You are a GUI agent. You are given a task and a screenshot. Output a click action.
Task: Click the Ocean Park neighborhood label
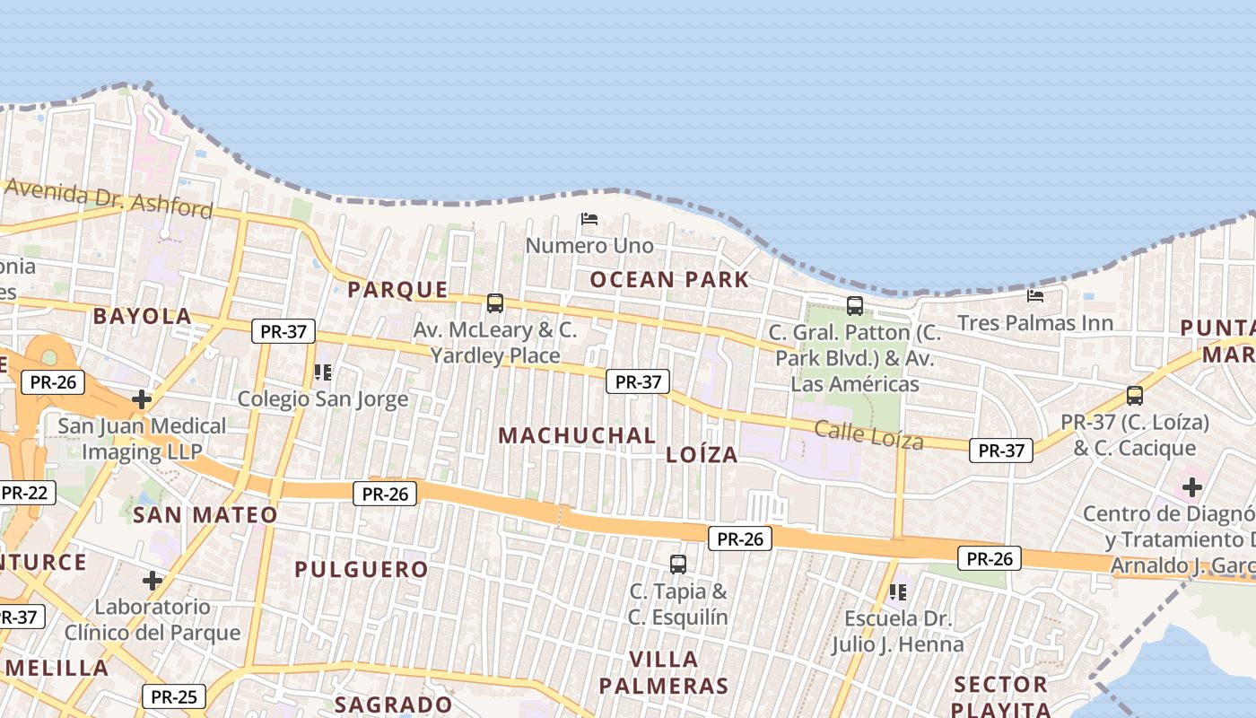[x=668, y=279]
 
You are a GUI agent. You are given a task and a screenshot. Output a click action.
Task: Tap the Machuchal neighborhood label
[x=577, y=435]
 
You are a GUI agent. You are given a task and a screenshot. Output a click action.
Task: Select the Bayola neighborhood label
[x=142, y=316]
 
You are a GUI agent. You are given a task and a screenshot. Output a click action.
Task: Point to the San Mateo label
[x=205, y=515]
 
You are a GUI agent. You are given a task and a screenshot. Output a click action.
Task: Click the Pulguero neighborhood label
[x=362, y=570]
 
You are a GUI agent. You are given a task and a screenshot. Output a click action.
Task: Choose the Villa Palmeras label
[x=664, y=673]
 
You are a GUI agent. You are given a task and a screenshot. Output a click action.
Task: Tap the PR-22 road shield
[x=23, y=493]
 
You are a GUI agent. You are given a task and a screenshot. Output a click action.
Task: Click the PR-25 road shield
[x=173, y=696]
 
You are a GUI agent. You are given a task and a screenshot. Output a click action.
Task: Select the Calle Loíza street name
[x=868, y=434]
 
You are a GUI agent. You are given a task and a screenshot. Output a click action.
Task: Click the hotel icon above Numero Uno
[x=589, y=218]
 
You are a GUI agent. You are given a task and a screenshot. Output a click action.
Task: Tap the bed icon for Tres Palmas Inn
[x=1035, y=295]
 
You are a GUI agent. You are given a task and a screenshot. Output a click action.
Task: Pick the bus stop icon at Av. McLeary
[x=494, y=303]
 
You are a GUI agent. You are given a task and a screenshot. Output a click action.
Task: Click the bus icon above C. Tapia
[x=678, y=565]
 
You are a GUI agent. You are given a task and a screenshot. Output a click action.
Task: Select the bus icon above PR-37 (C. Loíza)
[x=1135, y=396]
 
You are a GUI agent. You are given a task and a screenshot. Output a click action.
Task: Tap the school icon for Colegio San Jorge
[x=323, y=372]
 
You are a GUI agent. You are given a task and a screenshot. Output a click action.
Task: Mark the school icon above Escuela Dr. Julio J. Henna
[x=898, y=592]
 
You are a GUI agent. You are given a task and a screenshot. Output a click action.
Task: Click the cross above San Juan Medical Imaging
[x=142, y=398]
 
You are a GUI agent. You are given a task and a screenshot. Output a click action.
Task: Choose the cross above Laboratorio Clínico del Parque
[x=153, y=581]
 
